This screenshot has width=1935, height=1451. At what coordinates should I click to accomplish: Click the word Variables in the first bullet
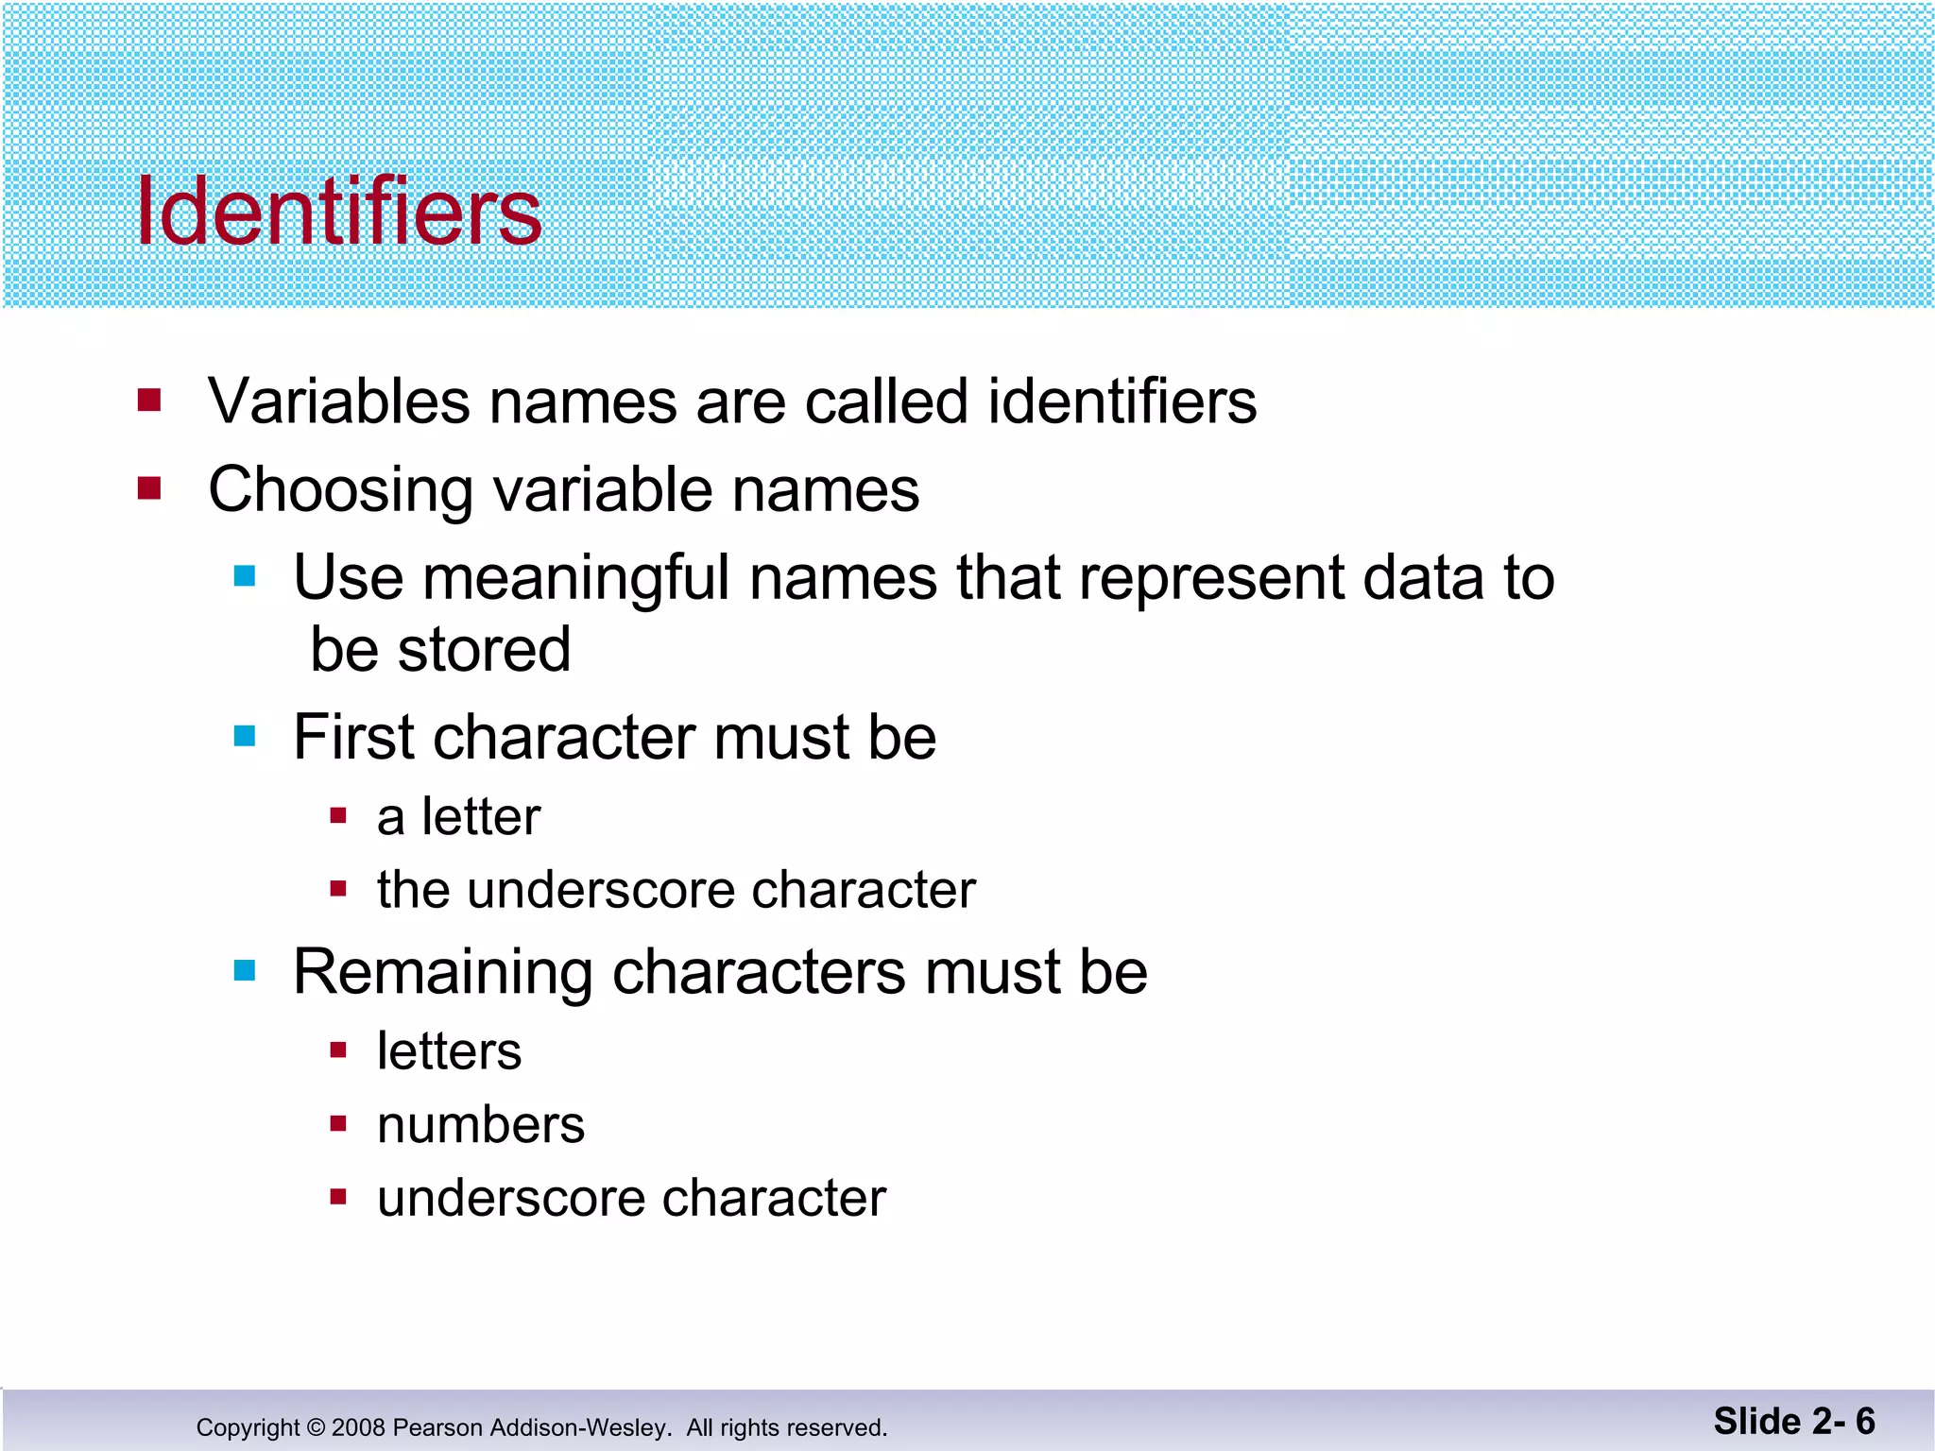[x=338, y=401]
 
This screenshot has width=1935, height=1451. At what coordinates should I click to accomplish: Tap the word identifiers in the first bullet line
[x=1122, y=401]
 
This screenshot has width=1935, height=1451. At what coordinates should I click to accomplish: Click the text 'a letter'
[x=458, y=816]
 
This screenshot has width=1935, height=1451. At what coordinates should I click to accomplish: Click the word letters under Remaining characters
[x=449, y=1051]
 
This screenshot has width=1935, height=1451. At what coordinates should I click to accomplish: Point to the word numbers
[x=481, y=1125]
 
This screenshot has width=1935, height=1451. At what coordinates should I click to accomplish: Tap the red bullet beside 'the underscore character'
[x=338, y=888]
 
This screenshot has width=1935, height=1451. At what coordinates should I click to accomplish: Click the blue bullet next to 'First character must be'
[x=245, y=736]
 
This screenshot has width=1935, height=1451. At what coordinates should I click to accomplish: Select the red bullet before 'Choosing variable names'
[x=149, y=488]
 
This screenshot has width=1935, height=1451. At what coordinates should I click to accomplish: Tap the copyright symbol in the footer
[x=316, y=1427]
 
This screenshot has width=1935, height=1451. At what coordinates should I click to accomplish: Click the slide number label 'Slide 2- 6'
[x=1793, y=1422]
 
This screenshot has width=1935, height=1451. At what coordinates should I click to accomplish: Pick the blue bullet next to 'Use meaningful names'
[x=245, y=576]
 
